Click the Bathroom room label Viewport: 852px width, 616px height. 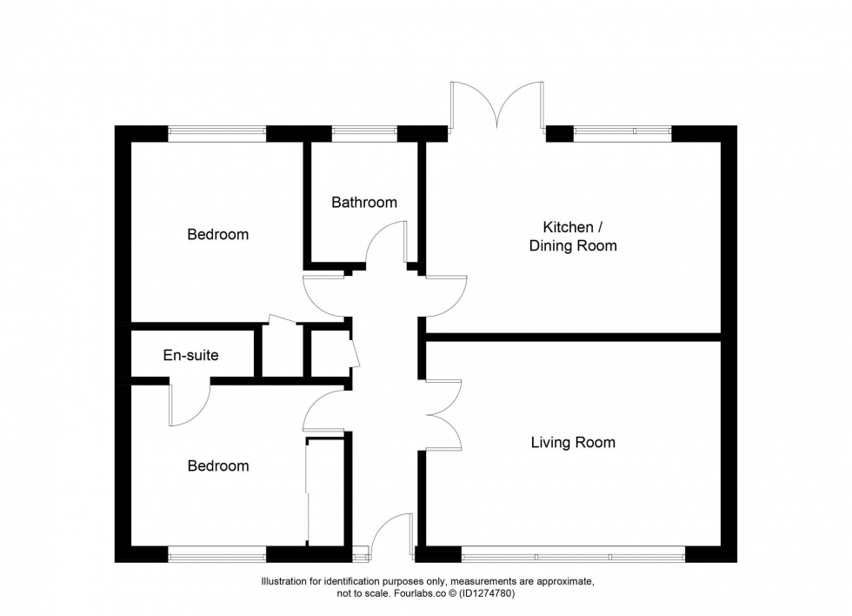[364, 203]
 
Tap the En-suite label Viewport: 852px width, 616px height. [190, 355]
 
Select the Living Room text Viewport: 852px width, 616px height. [573, 443]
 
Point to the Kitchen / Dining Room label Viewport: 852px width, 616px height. [573, 237]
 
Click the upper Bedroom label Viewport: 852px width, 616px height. [218, 234]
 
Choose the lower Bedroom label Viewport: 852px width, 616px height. [218, 465]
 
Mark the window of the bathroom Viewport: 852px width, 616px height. [364, 133]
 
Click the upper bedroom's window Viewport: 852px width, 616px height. [216, 133]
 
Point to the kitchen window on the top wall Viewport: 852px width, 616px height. [622, 133]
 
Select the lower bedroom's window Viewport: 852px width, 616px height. [216, 554]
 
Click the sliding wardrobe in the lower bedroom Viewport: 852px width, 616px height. [309, 492]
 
